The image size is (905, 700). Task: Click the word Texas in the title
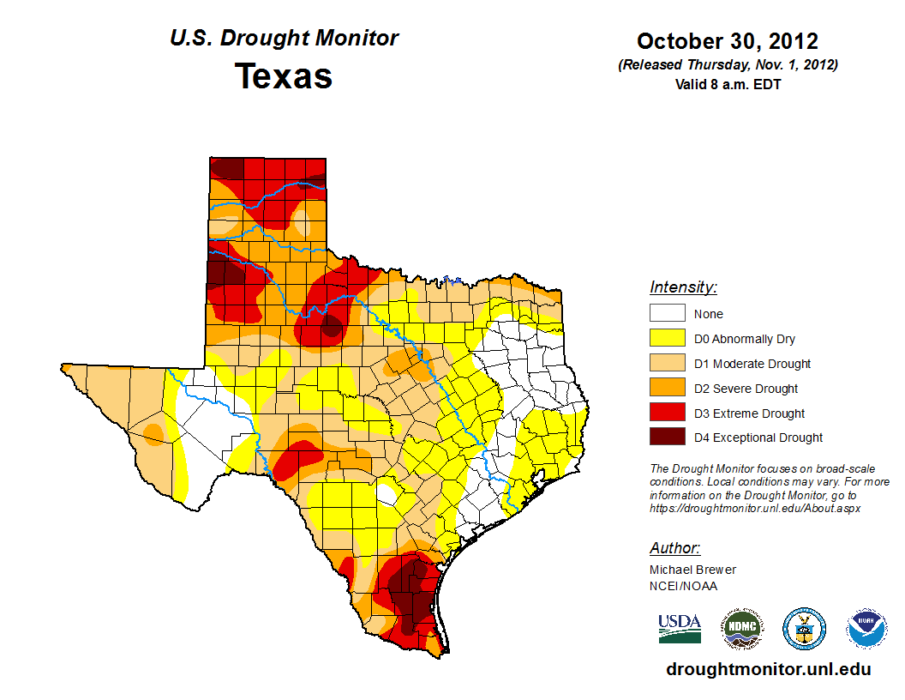(284, 75)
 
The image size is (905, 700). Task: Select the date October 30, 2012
(727, 41)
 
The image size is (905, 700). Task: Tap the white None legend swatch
(667, 314)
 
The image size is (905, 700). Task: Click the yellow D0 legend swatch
(667, 339)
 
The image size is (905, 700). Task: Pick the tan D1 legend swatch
(667, 364)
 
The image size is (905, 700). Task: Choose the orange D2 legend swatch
(667, 389)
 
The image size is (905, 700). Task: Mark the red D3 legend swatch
(667, 413)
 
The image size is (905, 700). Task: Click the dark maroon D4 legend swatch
(667, 437)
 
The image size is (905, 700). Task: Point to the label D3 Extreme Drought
(749, 413)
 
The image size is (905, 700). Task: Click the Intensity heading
(683, 287)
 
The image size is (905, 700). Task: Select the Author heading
(674, 548)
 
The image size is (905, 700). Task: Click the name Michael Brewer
(692, 570)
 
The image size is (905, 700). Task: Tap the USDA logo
(680, 628)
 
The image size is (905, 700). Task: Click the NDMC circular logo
(742, 629)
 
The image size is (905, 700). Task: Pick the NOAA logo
(866, 629)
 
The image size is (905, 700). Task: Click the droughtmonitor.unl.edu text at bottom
(768, 669)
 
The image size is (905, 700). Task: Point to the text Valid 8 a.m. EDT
(728, 84)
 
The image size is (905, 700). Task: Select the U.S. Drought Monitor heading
(284, 39)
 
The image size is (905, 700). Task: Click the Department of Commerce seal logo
(805, 629)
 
